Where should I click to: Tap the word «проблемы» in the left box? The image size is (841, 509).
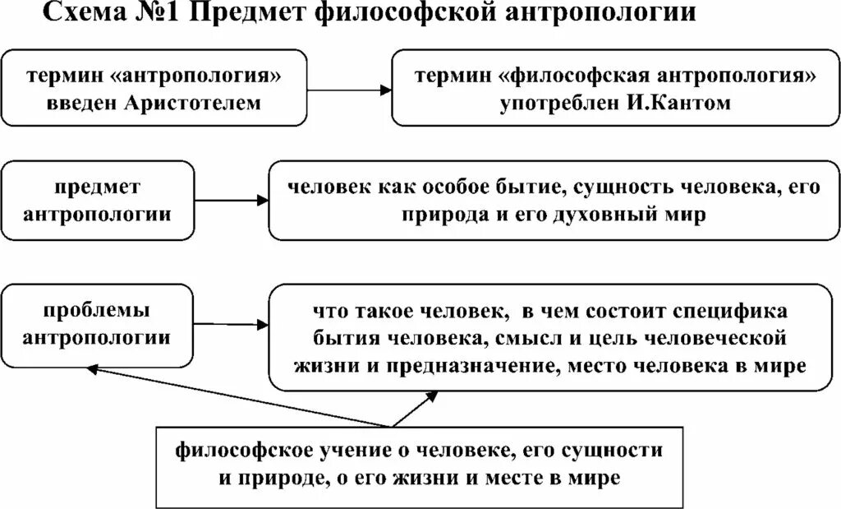pos(98,312)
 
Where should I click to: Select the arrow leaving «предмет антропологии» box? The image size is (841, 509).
pos(232,199)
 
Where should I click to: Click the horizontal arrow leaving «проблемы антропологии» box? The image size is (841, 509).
pos(232,323)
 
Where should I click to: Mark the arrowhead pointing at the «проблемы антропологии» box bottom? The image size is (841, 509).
pos(92,370)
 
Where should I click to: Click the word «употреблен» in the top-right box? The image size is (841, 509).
pos(554,104)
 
